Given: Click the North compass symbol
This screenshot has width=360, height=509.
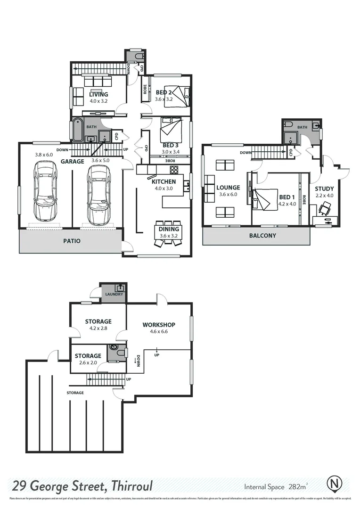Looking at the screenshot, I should point(334,484).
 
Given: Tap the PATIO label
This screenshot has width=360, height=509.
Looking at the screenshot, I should point(72,241).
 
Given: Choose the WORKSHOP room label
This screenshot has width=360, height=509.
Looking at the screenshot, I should point(159,325).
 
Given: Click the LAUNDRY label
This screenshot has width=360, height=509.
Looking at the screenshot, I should point(114,295).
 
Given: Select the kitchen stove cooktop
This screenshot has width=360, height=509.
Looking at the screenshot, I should point(174,170).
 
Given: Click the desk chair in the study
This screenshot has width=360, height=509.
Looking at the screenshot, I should point(325,208).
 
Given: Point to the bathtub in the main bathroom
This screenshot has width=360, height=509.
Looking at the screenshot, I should point(77,130).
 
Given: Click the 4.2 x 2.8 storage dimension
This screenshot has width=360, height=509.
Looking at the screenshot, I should point(98,328).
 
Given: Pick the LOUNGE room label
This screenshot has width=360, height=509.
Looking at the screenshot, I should point(228,188).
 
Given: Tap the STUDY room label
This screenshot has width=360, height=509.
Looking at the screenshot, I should point(324,189).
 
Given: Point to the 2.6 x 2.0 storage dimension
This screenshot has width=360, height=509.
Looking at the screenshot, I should point(88,363).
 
